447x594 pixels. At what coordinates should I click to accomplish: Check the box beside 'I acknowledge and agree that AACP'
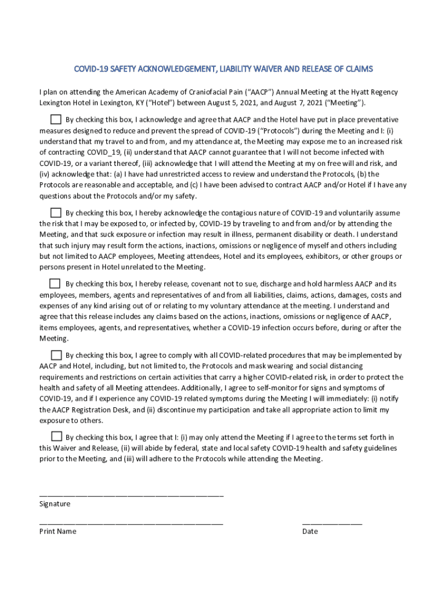(x=55, y=119)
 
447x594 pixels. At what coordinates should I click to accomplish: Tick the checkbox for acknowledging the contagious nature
(x=55, y=212)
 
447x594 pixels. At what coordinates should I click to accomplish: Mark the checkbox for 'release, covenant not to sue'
(x=55, y=284)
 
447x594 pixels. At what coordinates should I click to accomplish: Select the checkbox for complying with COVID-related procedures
(x=56, y=355)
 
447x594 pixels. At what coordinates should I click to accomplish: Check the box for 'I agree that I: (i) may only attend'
(x=56, y=437)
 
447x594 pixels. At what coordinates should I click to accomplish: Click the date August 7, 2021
(x=308, y=103)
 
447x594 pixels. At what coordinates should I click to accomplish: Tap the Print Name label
(x=57, y=531)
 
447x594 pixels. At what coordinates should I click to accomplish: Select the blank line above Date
(x=331, y=524)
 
